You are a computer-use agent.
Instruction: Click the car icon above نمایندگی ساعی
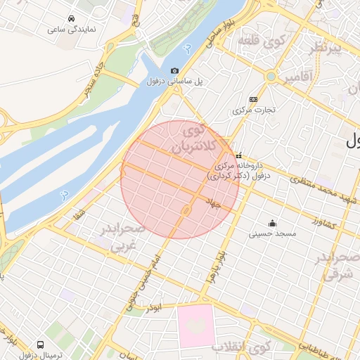pyautogui.click(x=72, y=18)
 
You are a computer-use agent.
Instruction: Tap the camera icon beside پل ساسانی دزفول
pyautogui.click(x=174, y=70)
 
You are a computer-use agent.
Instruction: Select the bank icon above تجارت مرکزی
pyautogui.click(x=253, y=99)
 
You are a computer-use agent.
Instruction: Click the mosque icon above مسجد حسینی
pyautogui.click(x=272, y=223)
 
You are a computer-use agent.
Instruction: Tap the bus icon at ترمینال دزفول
pyautogui.click(x=41, y=345)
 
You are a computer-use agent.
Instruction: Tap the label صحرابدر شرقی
pyautogui.click(x=341, y=266)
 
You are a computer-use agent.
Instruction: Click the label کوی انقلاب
pyautogui.click(x=250, y=347)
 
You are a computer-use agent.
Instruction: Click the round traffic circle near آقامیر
pyautogui.click(x=270, y=76)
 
